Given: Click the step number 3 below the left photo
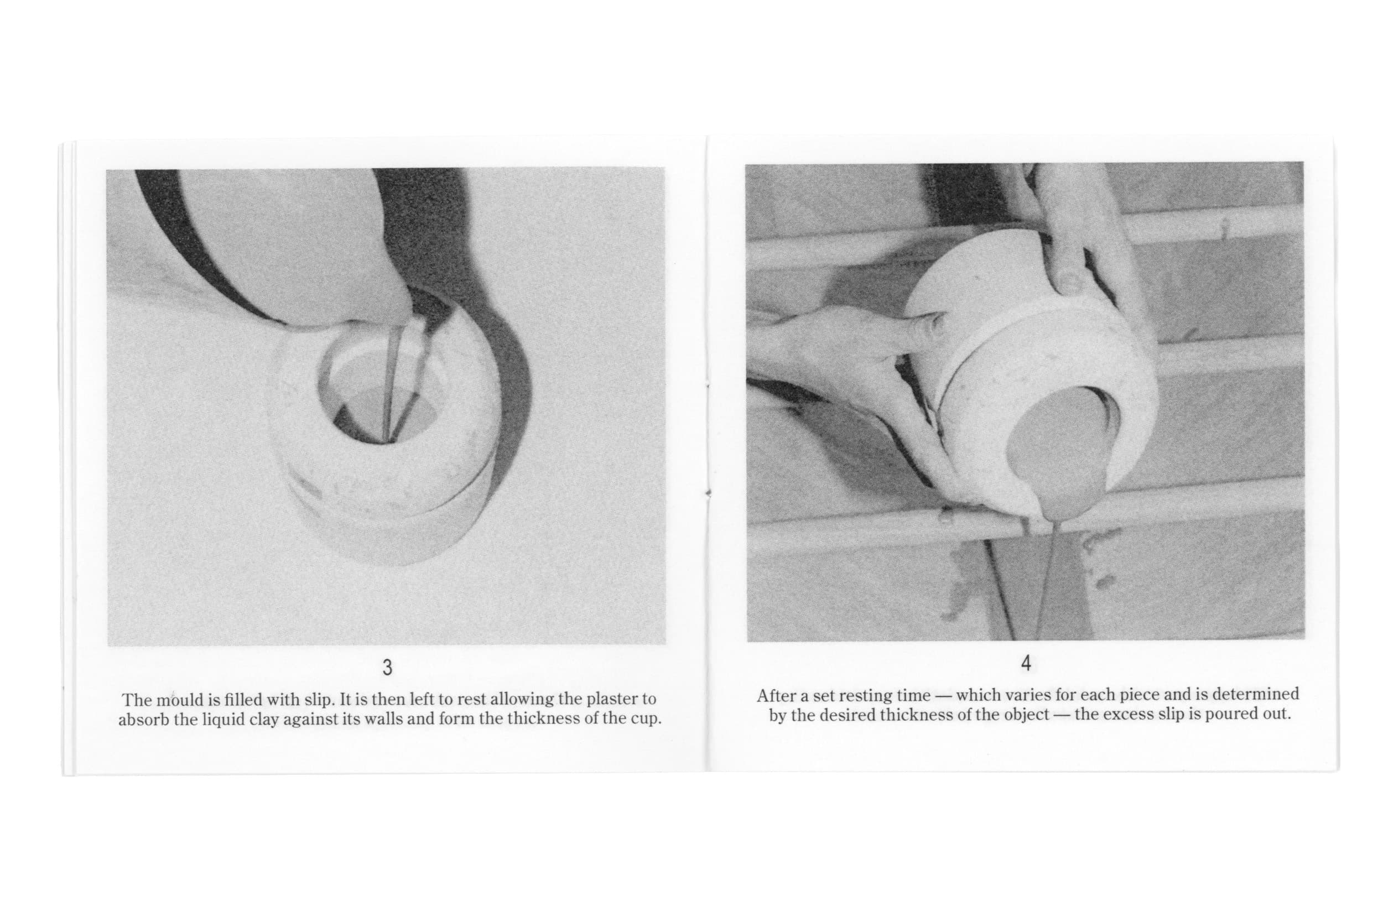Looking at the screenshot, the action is click(x=387, y=668).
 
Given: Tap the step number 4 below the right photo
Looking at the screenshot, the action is click(x=1026, y=663).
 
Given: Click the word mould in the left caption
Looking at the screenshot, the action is click(x=178, y=700).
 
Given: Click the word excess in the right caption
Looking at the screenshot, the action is click(x=1128, y=715).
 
